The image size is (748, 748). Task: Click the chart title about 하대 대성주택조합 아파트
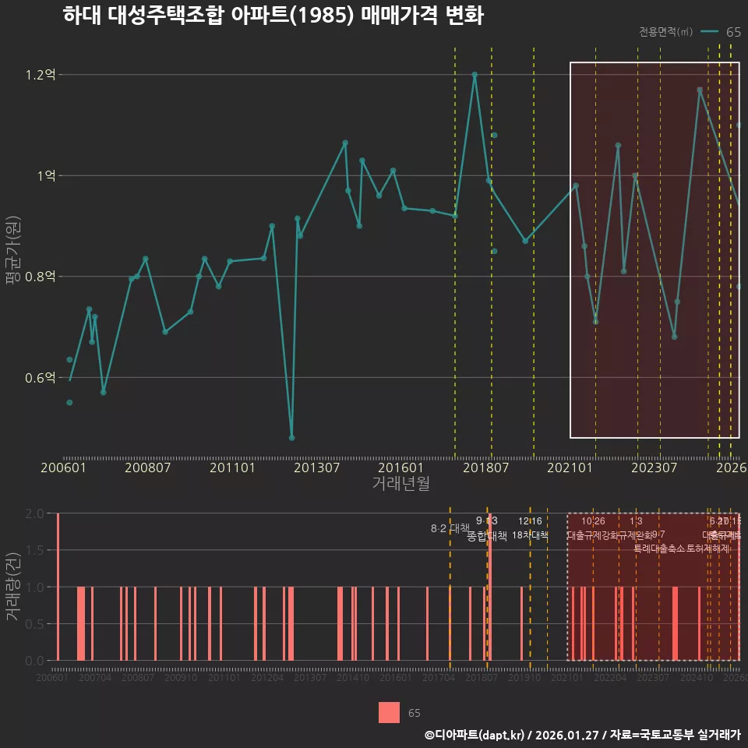(x=273, y=16)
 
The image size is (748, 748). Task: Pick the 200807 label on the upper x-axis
(x=148, y=468)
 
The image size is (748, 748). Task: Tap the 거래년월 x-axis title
(x=400, y=484)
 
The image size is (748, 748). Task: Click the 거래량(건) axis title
(x=13, y=587)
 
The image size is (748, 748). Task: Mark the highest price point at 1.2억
(x=475, y=75)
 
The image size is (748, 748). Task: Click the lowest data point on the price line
(x=291, y=438)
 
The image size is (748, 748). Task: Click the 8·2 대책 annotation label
(x=450, y=528)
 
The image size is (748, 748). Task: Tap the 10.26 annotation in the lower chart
(x=593, y=521)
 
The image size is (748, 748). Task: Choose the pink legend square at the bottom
(x=390, y=713)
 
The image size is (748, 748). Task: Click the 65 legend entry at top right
(x=732, y=32)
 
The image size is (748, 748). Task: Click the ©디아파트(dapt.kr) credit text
(x=475, y=735)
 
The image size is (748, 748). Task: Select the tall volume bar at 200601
(x=58, y=587)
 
